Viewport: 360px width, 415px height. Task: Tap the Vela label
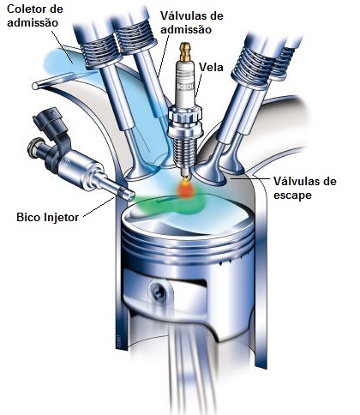click(212, 66)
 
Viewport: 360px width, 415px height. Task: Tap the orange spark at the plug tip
click(183, 186)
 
